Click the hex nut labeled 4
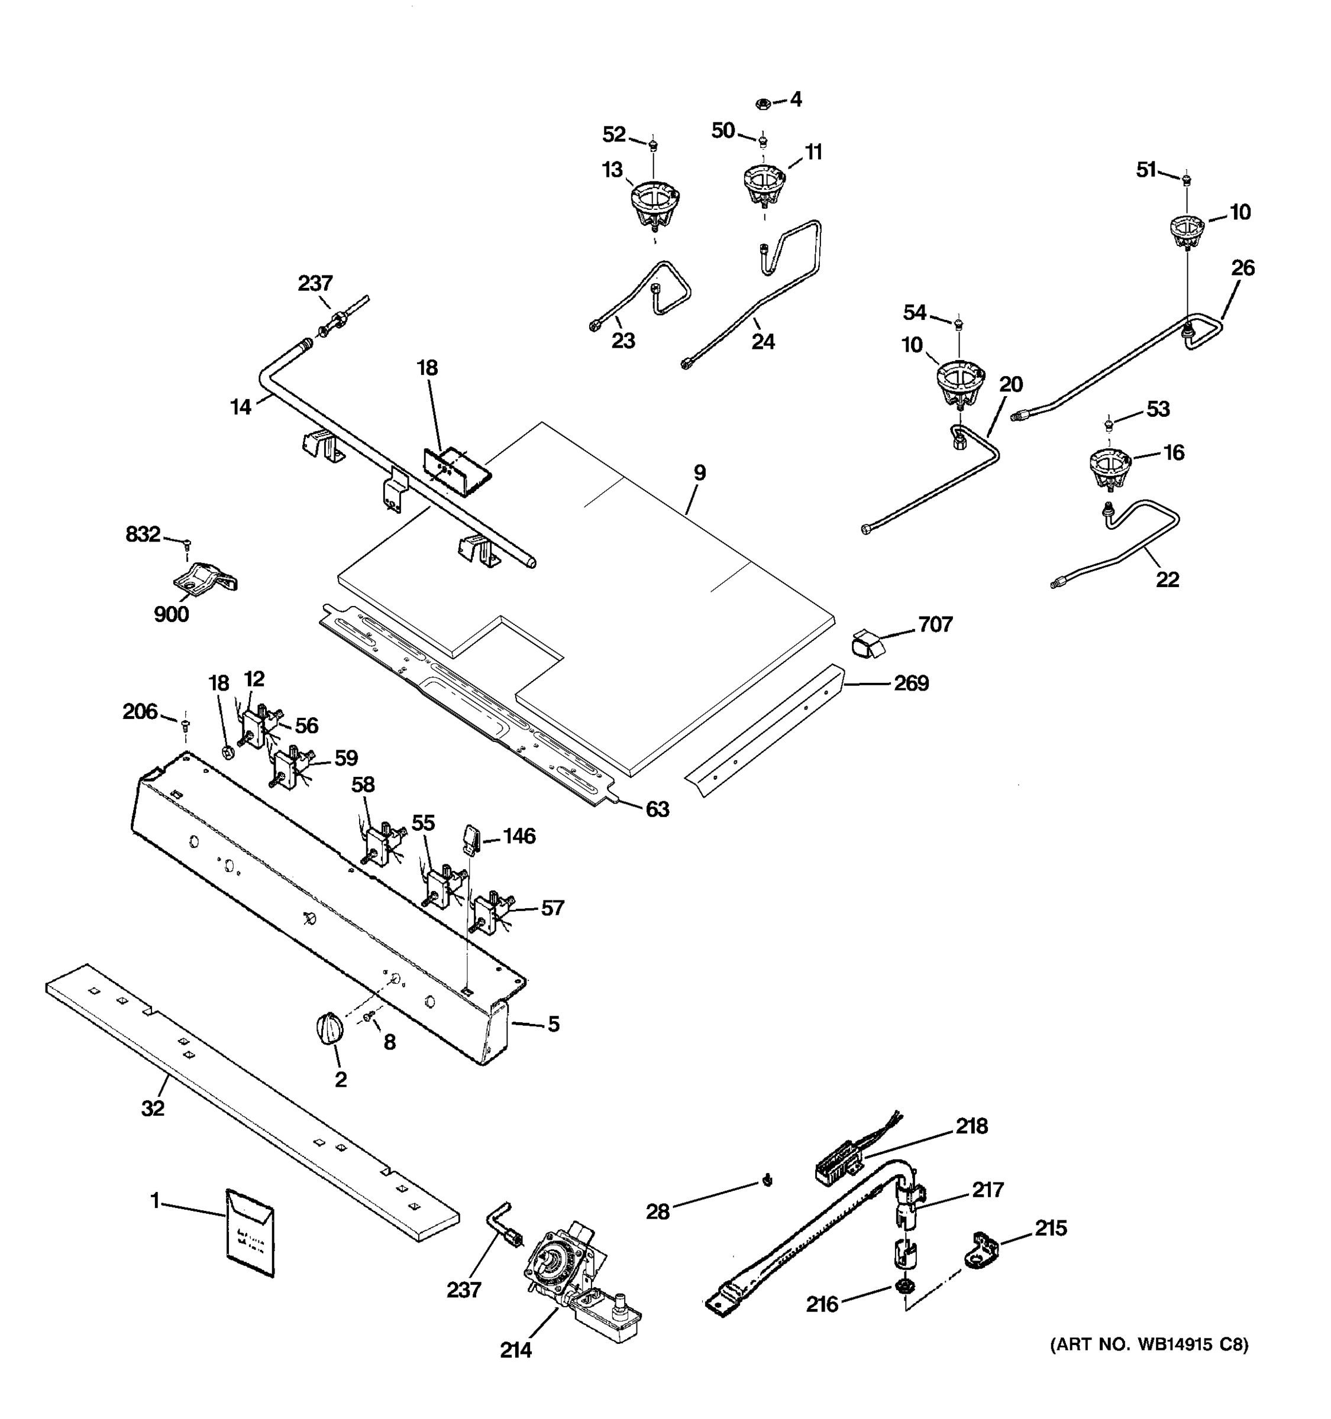pyautogui.click(x=762, y=104)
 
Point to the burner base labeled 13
pyautogui.click(x=655, y=204)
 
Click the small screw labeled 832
pyautogui.click(x=188, y=545)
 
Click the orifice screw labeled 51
pyautogui.click(x=1185, y=179)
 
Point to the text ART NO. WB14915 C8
pyautogui.click(x=1149, y=1345)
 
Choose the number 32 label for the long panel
pyautogui.click(x=153, y=1109)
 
